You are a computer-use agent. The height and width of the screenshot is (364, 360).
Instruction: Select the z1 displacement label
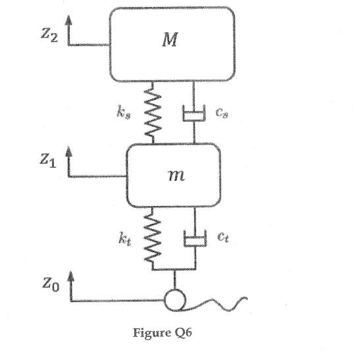[47, 161]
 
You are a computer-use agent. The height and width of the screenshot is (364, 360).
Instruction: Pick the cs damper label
[222, 113]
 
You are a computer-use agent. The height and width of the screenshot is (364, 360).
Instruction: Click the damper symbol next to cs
[194, 115]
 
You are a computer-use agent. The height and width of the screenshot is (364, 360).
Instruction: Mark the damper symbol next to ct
[194, 238]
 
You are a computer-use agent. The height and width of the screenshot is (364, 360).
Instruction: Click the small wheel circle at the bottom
[175, 300]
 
